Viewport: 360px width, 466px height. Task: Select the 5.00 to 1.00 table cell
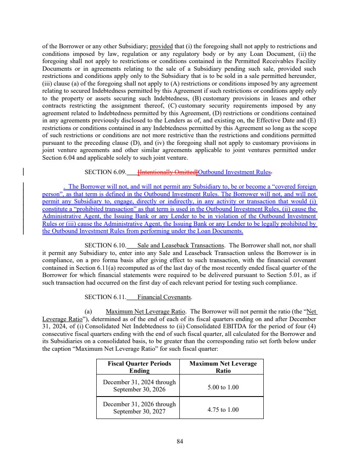(223, 386)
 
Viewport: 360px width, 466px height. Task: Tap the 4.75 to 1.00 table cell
(223, 410)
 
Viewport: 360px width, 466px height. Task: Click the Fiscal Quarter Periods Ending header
(139, 367)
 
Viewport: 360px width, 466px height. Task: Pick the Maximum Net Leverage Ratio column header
(223, 367)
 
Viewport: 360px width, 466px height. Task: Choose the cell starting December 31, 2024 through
(139, 386)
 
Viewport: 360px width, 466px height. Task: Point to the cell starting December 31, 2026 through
(139, 407)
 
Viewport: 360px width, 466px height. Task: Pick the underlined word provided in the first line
(160, 46)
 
